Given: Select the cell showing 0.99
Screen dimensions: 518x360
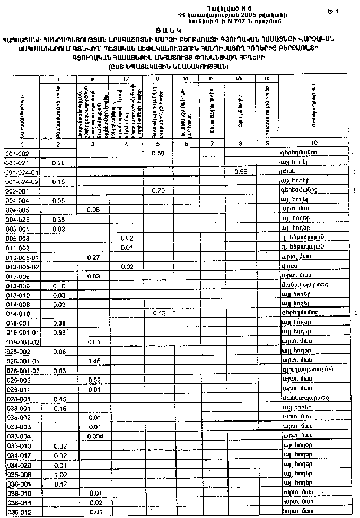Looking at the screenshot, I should (241, 172).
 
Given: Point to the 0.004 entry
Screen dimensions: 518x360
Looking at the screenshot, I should (94, 436).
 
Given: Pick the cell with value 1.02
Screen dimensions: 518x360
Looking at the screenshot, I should (59, 475).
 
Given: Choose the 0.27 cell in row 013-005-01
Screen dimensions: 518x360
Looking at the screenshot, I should (94, 257).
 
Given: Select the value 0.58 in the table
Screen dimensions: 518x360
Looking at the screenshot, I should (59, 200).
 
